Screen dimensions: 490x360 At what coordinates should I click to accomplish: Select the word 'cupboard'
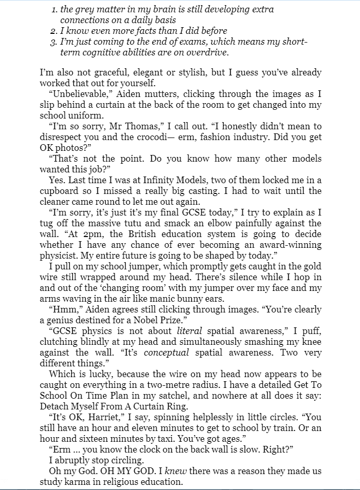coord(58,191)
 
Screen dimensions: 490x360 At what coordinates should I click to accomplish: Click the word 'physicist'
coord(58,256)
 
